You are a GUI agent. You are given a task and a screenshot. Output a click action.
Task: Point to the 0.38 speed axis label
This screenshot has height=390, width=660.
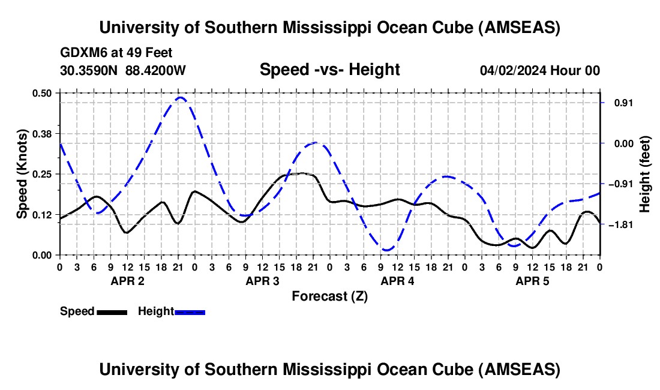click(43, 133)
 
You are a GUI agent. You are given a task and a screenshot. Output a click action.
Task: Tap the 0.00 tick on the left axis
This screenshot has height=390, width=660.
click(43, 255)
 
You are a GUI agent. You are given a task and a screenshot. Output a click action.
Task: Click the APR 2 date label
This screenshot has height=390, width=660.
click(127, 281)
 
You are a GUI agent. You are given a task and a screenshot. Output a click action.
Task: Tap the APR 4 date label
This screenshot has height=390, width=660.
click(397, 281)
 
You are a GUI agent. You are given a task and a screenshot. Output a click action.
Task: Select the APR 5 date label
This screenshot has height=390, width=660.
click(532, 281)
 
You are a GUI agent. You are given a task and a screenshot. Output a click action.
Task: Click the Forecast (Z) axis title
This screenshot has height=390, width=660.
click(329, 296)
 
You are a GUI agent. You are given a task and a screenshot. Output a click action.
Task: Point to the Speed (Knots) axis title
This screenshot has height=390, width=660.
click(22, 174)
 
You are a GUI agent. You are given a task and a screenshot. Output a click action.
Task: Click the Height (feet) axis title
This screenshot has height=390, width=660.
click(645, 174)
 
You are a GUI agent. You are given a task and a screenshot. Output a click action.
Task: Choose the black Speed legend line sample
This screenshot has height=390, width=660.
click(111, 311)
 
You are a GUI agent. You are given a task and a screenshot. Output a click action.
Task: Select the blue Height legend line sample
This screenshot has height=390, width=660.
click(190, 311)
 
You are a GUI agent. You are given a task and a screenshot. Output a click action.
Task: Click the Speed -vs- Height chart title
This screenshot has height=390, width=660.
click(329, 70)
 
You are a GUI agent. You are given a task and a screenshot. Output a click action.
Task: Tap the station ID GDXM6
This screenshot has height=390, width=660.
click(81, 53)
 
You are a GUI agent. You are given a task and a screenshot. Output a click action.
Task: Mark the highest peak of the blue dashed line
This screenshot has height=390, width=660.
click(180, 97)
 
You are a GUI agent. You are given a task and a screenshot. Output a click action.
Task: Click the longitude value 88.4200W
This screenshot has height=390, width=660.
click(155, 70)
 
